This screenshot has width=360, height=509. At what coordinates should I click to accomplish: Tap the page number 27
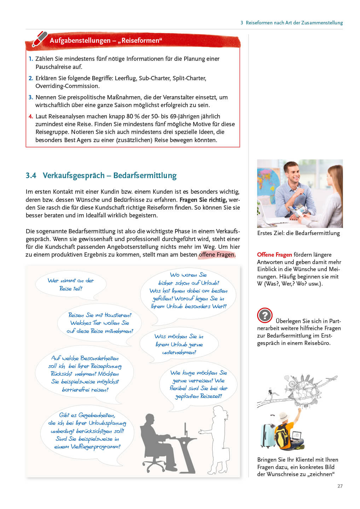pyautogui.click(x=340, y=486)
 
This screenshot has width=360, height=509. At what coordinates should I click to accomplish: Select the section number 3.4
pyautogui.click(x=31, y=176)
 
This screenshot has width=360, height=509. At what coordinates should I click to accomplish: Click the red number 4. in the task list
pyautogui.click(x=31, y=116)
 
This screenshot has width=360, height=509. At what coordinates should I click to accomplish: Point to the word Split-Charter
pyautogui.click(x=189, y=78)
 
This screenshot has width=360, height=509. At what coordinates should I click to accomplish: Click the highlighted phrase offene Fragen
pyautogui.click(x=216, y=255)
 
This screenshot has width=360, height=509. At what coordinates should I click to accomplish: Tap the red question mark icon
pyautogui.click(x=265, y=315)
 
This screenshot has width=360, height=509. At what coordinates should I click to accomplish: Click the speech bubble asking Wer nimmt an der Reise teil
pyautogui.click(x=71, y=285)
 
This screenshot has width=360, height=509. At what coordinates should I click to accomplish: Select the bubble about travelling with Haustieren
pyautogui.click(x=100, y=323)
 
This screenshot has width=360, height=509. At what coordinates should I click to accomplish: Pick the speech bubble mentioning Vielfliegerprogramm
pyautogui.click(x=87, y=431)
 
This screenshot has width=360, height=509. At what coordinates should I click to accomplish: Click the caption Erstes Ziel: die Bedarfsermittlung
pyautogui.click(x=298, y=233)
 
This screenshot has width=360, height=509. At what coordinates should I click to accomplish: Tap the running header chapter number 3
pyautogui.click(x=242, y=23)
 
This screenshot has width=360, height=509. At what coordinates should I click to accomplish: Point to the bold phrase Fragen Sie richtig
pyautogui.click(x=202, y=200)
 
